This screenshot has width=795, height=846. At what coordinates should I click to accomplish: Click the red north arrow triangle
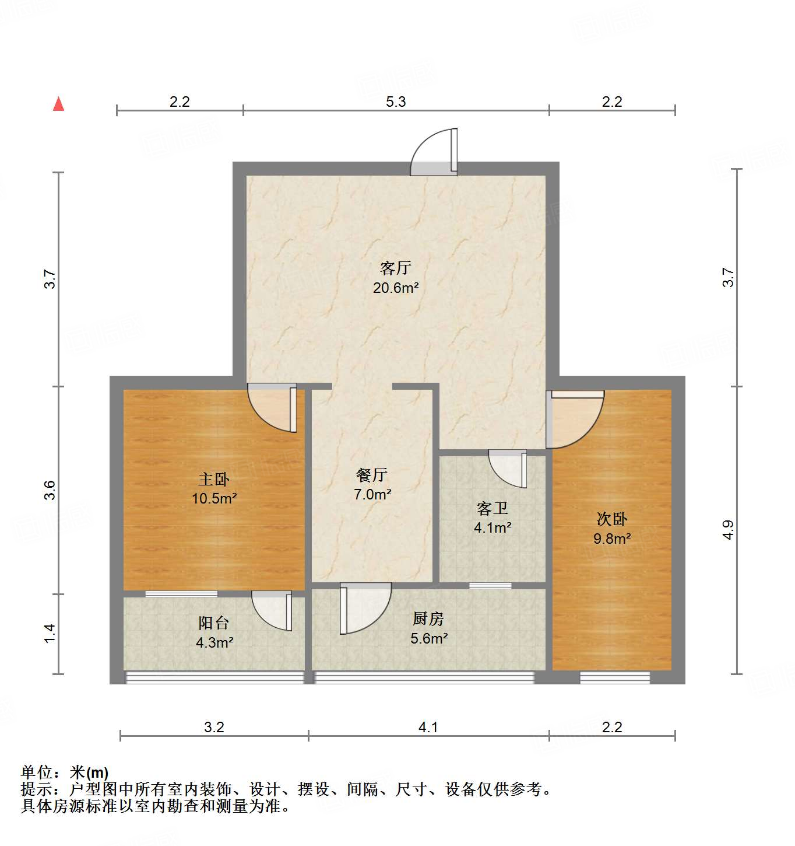pos(58,104)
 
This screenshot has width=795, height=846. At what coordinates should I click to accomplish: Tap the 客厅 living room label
pos(396,268)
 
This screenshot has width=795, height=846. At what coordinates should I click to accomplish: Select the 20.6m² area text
pos(396,288)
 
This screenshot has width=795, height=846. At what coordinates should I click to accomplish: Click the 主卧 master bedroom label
pos(214,480)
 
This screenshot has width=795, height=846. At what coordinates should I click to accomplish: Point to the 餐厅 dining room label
pos(372,475)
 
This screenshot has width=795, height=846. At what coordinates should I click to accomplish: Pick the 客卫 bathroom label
pos(493,509)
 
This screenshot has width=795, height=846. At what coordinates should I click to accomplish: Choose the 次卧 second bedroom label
pos(612,519)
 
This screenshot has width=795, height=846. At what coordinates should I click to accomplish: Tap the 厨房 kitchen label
pos(428,618)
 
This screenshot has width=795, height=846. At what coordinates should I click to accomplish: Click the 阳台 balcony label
pos(214,623)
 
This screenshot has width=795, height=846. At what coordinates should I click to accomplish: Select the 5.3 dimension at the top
pos(396,102)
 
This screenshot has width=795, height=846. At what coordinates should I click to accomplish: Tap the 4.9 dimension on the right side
pos(728,529)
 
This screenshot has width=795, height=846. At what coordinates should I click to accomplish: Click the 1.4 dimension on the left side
pos(50,633)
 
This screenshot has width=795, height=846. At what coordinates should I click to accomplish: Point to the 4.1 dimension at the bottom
pos(428,727)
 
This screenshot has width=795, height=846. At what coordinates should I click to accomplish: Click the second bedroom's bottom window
pos(614,677)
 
